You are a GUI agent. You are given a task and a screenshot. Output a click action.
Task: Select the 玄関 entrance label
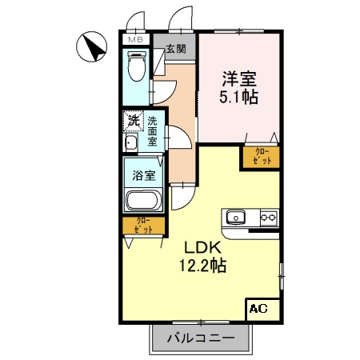175,49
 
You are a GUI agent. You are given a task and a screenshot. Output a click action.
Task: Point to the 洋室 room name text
238,79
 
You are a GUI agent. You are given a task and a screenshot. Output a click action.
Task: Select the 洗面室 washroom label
152,131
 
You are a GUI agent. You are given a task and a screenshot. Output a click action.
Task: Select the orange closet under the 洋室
262,157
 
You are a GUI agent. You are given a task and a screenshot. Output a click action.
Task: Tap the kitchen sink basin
236,216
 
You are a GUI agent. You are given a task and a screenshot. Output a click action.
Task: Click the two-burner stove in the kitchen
267,216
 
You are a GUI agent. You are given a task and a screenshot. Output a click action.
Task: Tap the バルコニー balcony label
201,337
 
